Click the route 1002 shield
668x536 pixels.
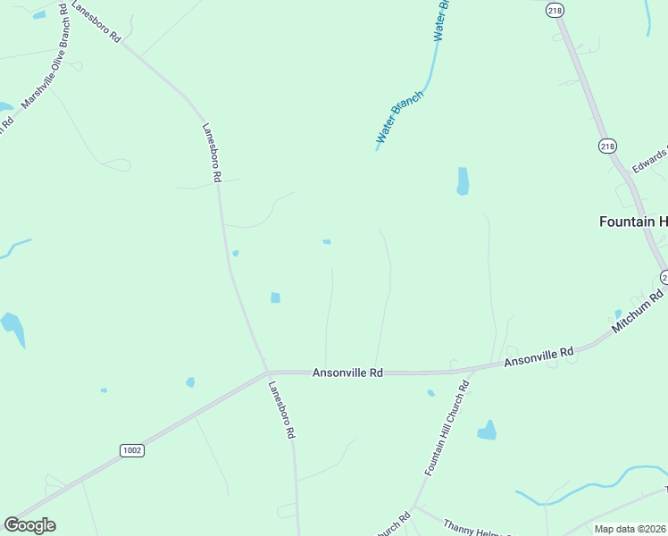(132, 451)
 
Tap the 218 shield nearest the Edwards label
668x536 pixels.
(607, 147)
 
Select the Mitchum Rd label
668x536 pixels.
(639, 311)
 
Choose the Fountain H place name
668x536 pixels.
(632, 222)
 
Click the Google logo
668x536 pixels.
(29, 525)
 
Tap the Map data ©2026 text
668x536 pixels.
(630, 529)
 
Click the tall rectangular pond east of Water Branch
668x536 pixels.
(463, 181)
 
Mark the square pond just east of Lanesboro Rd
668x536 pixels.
(275, 297)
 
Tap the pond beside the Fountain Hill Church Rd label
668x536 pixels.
(487, 431)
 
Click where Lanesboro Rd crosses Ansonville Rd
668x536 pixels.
(267, 372)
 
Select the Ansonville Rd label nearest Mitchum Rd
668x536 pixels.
(539, 356)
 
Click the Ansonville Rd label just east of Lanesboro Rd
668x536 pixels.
(347, 373)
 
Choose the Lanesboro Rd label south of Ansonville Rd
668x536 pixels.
(281, 409)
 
